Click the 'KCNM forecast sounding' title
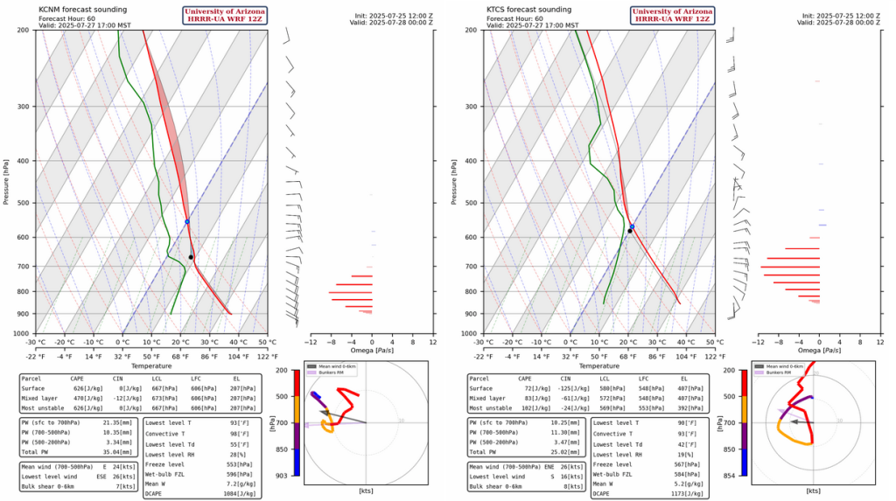coord(78,9)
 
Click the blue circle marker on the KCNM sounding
coord(187,221)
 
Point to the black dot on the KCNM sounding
coord(191,257)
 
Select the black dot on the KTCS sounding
coord(630,231)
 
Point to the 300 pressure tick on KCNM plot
coord(25,107)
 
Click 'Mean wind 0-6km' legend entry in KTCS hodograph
coord(787,365)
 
